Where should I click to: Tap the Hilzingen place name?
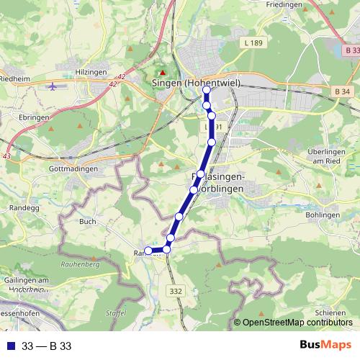point(91,73)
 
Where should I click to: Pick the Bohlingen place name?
point(322,215)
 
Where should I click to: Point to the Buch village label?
point(88,222)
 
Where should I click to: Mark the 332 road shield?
point(174,290)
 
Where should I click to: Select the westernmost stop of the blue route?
point(148,251)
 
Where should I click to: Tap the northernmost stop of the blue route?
point(205,91)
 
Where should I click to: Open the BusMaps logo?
point(326,345)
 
